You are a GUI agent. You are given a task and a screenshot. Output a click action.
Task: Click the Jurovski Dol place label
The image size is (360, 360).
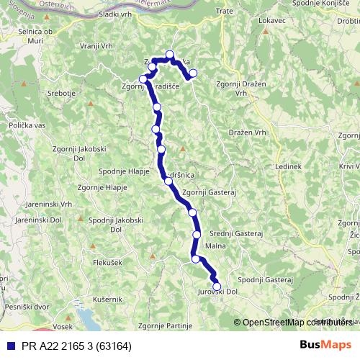[x=217, y=292]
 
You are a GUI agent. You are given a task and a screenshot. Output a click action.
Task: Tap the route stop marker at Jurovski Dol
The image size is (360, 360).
[x=216, y=286]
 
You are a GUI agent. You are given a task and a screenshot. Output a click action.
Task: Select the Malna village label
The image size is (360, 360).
[x=215, y=246]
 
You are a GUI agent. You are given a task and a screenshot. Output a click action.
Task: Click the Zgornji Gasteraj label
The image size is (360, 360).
[x=210, y=192]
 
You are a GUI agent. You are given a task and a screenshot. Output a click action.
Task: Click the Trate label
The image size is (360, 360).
[x=226, y=12]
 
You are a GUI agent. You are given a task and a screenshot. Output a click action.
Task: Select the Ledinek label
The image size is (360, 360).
[x=288, y=166]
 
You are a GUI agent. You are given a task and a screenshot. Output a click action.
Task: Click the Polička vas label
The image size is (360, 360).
[x=27, y=125]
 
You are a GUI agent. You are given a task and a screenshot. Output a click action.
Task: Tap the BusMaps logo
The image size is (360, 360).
[x=325, y=344]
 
